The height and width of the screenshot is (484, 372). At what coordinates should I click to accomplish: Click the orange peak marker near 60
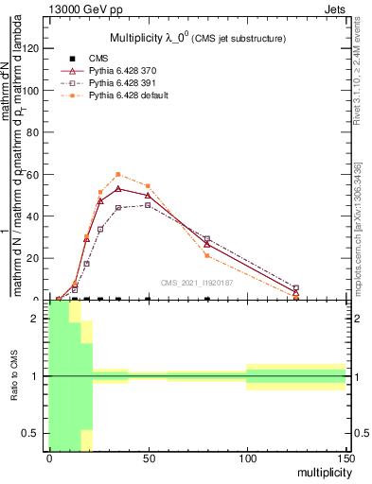[x=117, y=174]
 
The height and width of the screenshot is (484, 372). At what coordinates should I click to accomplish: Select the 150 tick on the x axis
[x=345, y=453]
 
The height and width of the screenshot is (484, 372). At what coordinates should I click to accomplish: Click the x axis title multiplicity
[x=321, y=473]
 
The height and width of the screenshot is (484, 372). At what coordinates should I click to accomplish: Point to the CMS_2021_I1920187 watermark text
[x=198, y=282]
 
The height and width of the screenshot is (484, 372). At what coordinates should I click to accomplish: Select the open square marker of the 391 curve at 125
[x=295, y=288]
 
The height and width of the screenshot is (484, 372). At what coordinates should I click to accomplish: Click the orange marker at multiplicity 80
[x=206, y=255]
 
